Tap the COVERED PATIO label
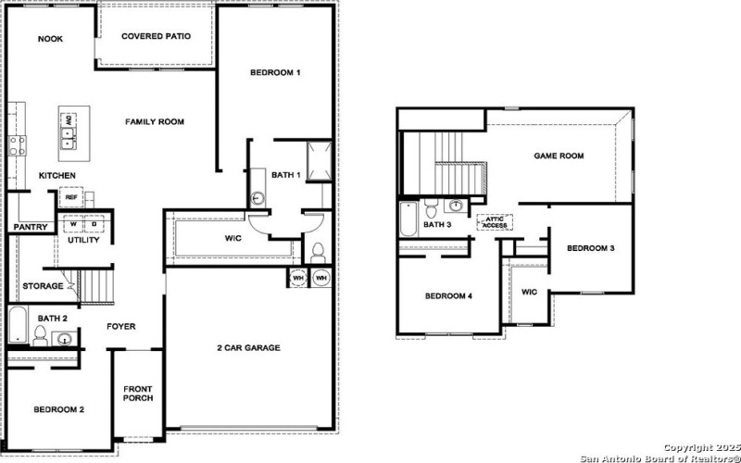tap(157, 36)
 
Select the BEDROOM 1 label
tap(276, 72)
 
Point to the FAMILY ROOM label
tap(155, 122)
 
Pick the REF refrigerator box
tap(71, 196)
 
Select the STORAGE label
tap(44, 286)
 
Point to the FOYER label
tap(121, 326)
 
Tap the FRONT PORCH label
tap(138, 394)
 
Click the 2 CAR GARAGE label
tap(248, 348)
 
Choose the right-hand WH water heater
tap(320, 278)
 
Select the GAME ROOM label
tap(559, 156)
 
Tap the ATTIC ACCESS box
tap(494, 222)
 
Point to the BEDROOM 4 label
tap(448, 296)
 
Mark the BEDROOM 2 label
tap(59, 409)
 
